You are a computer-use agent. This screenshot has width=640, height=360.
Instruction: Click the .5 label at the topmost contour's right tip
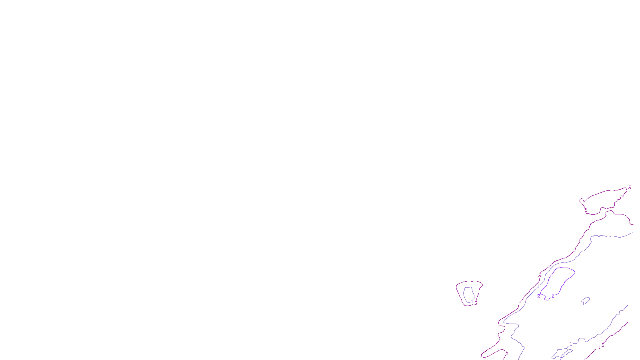tap(629, 188)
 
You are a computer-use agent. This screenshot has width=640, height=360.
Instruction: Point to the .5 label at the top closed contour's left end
tap(586, 210)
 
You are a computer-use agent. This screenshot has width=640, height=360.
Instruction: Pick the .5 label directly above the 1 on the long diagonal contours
tap(539, 276)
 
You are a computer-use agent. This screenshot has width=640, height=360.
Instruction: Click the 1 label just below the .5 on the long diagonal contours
tap(538, 286)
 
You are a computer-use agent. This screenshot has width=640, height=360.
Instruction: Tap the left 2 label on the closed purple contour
tap(538, 296)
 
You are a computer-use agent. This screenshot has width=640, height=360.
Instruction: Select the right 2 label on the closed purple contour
tap(553, 296)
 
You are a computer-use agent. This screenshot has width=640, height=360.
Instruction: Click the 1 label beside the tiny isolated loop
tap(583, 304)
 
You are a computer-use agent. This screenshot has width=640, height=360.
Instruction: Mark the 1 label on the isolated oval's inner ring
tap(472, 302)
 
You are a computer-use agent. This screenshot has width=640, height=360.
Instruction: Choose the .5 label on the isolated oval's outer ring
tap(476, 303)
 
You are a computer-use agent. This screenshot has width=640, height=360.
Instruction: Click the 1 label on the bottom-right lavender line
tap(571, 344)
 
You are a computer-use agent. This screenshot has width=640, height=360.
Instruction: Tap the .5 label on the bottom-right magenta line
tap(602, 345)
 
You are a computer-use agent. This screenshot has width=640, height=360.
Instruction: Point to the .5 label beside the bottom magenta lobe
tap(506, 353)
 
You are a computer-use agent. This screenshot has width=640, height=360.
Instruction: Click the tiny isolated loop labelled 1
tap(586, 300)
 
